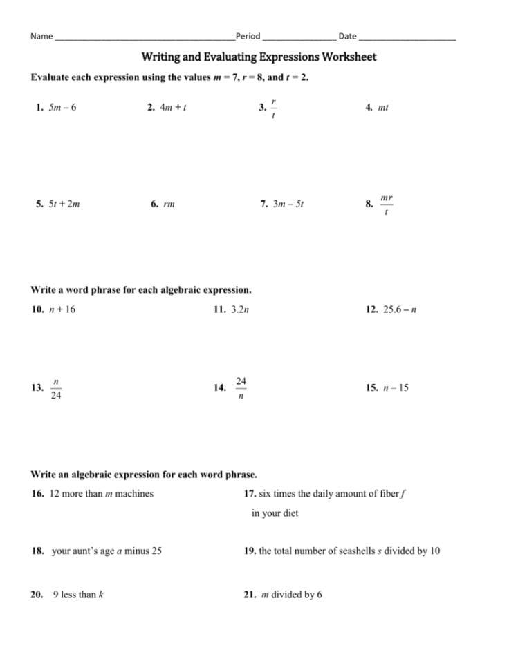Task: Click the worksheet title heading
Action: tap(259, 57)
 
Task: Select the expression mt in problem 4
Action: tap(384, 108)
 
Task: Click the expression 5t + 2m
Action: tap(64, 204)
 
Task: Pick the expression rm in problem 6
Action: tap(169, 204)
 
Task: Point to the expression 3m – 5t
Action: tap(288, 204)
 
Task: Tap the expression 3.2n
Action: tap(239, 310)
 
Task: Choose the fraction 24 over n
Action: tap(241, 388)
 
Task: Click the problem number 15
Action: tap(371, 388)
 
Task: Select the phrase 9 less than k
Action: tap(78, 595)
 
